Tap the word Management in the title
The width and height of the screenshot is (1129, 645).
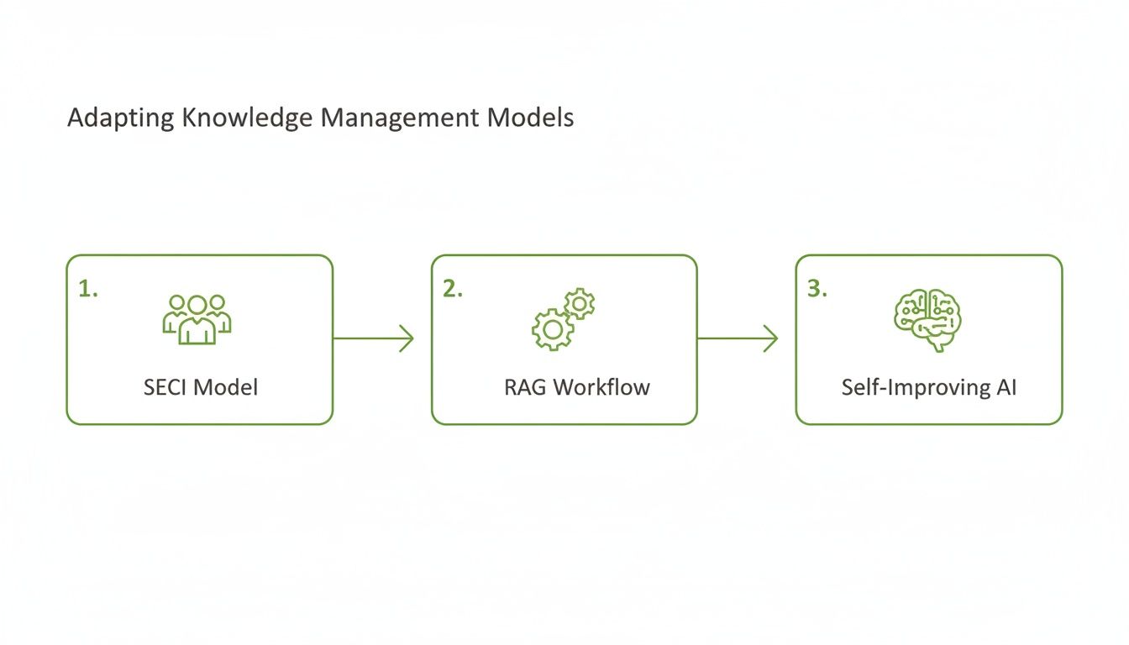click(400, 118)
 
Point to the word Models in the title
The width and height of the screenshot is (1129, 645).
click(531, 118)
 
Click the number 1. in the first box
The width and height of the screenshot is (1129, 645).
click(88, 289)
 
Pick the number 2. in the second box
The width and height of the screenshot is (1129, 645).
click(453, 289)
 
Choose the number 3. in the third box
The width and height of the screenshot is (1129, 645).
click(817, 289)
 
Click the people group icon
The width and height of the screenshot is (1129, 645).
click(197, 319)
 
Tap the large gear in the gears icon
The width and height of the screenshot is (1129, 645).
click(552, 329)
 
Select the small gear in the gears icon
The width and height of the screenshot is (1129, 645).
click(579, 303)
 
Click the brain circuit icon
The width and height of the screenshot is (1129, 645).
click(927, 319)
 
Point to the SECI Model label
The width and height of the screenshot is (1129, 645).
click(201, 387)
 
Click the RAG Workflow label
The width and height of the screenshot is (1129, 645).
click(577, 387)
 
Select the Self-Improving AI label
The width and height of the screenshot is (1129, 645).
click(928, 387)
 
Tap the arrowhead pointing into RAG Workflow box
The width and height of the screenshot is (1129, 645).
click(407, 338)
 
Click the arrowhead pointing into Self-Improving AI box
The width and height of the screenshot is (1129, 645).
click(771, 338)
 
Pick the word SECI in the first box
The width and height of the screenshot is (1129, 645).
click(166, 387)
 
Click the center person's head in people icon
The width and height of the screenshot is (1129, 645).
click(197, 304)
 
